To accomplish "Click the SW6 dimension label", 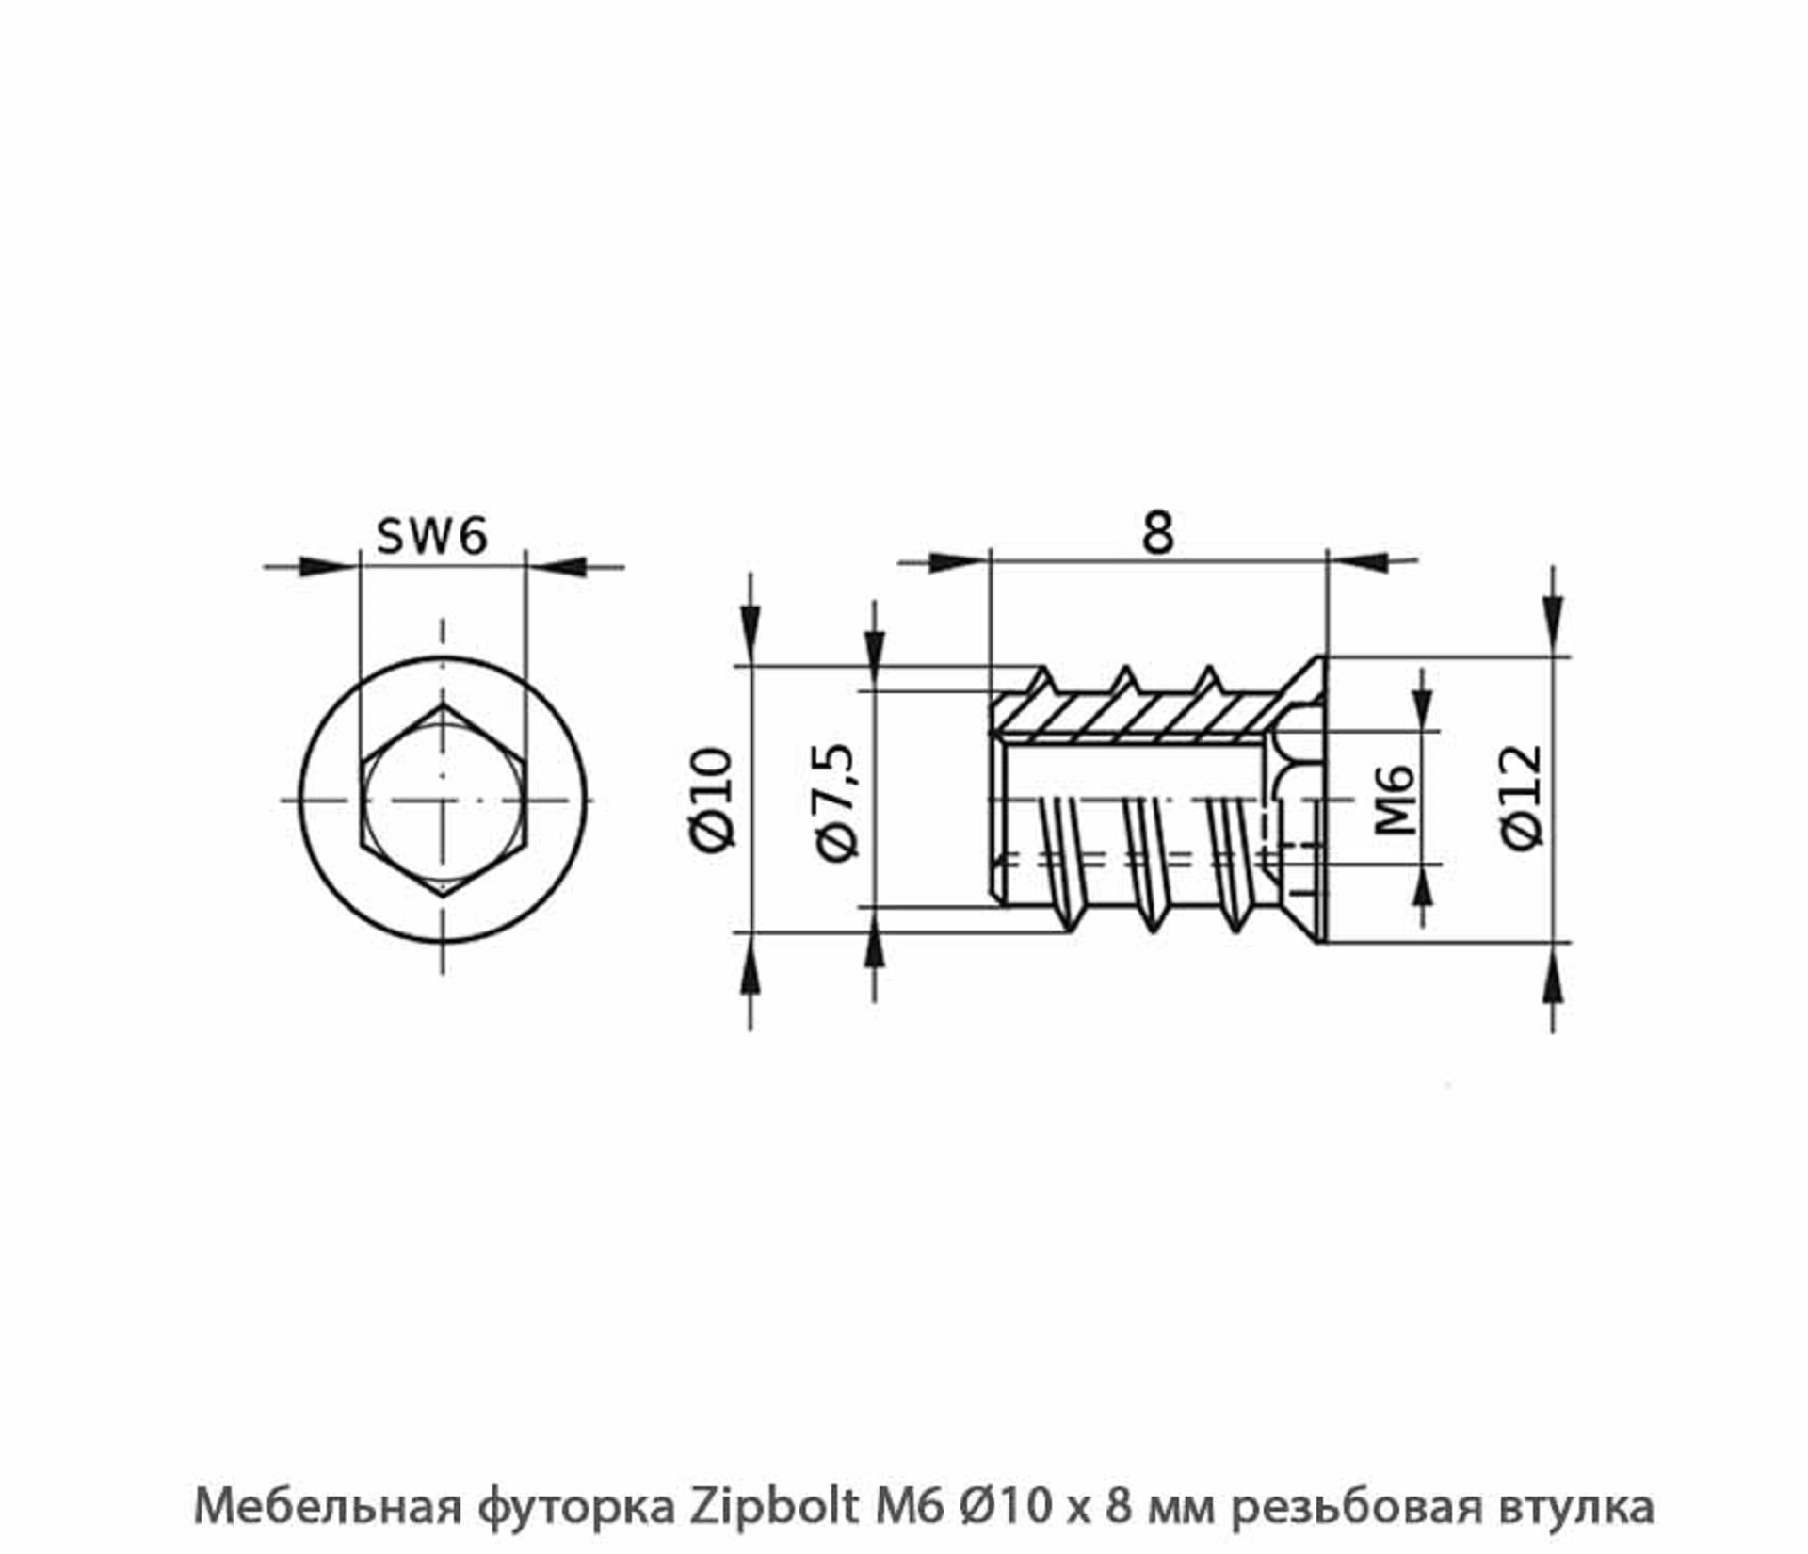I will click(x=432, y=536).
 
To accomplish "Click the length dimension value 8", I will click(x=1157, y=533).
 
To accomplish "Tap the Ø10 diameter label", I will click(x=712, y=799).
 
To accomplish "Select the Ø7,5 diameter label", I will click(x=836, y=801).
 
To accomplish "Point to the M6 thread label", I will click(x=1395, y=800).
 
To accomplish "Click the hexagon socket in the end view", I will click(x=443, y=801).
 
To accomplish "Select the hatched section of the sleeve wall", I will click(x=1130, y=716).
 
